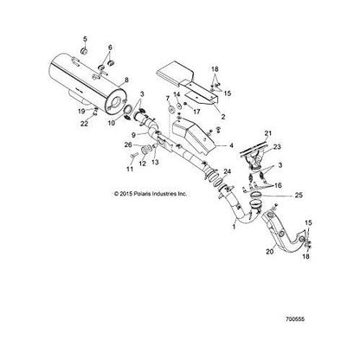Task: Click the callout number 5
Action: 84,41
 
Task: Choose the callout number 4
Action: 230,147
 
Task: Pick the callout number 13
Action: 156,162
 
